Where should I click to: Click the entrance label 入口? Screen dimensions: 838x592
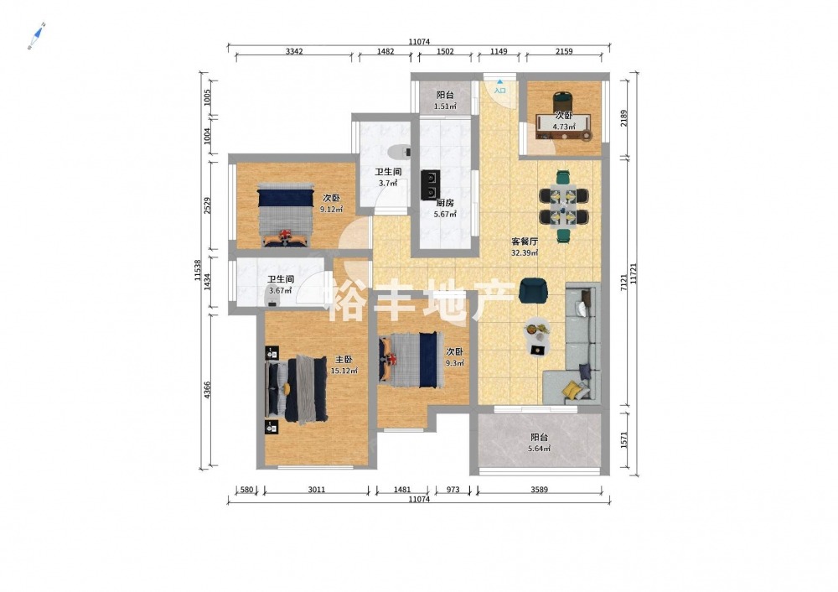click(499, 91)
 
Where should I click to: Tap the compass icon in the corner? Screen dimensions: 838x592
click(36, 36)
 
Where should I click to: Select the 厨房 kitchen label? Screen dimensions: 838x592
click(445, 203)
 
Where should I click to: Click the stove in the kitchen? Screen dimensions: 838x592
click(431, 184)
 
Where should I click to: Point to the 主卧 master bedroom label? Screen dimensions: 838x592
click(344, 360)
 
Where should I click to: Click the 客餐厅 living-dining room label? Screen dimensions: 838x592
click(525, 241)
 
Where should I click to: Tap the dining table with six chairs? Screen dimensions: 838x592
click(563, 206)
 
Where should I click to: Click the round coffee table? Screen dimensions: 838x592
click(537, 330)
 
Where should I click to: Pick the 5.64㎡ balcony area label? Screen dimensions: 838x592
click(539, 449)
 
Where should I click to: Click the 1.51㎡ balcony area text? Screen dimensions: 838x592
click(445, 106)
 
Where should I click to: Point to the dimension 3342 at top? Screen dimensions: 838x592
click(294, 51)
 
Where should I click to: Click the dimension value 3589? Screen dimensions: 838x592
click(539, 490)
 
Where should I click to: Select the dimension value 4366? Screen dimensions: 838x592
click(207, 389)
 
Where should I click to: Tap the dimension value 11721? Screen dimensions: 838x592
click(634, 273)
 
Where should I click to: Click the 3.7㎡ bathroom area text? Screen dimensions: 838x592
click(388, 183)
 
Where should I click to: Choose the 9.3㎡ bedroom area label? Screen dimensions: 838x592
click(455, 362)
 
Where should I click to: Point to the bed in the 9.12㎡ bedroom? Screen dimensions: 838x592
click(285, 215)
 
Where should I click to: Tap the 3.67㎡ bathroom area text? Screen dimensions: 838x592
click(281, 291)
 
